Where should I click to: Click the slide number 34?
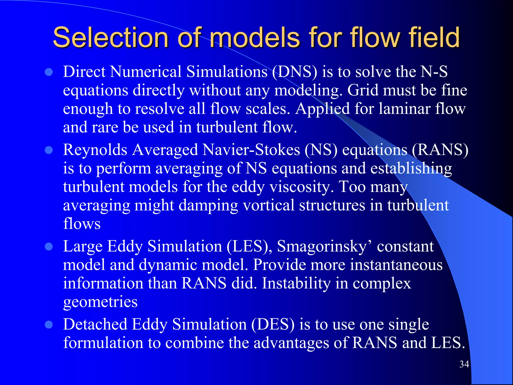coord(464,364)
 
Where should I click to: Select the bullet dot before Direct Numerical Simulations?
coord(49,72)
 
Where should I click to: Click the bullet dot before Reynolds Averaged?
coord(49,150)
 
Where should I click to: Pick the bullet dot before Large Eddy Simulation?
coord(49,247)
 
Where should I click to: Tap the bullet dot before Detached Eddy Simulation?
coord(49,325)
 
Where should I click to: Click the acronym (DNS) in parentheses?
coord(295,72)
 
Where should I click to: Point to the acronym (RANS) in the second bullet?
coord(440,150)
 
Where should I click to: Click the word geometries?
coord(100,302)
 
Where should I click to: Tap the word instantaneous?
coord(396,265)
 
